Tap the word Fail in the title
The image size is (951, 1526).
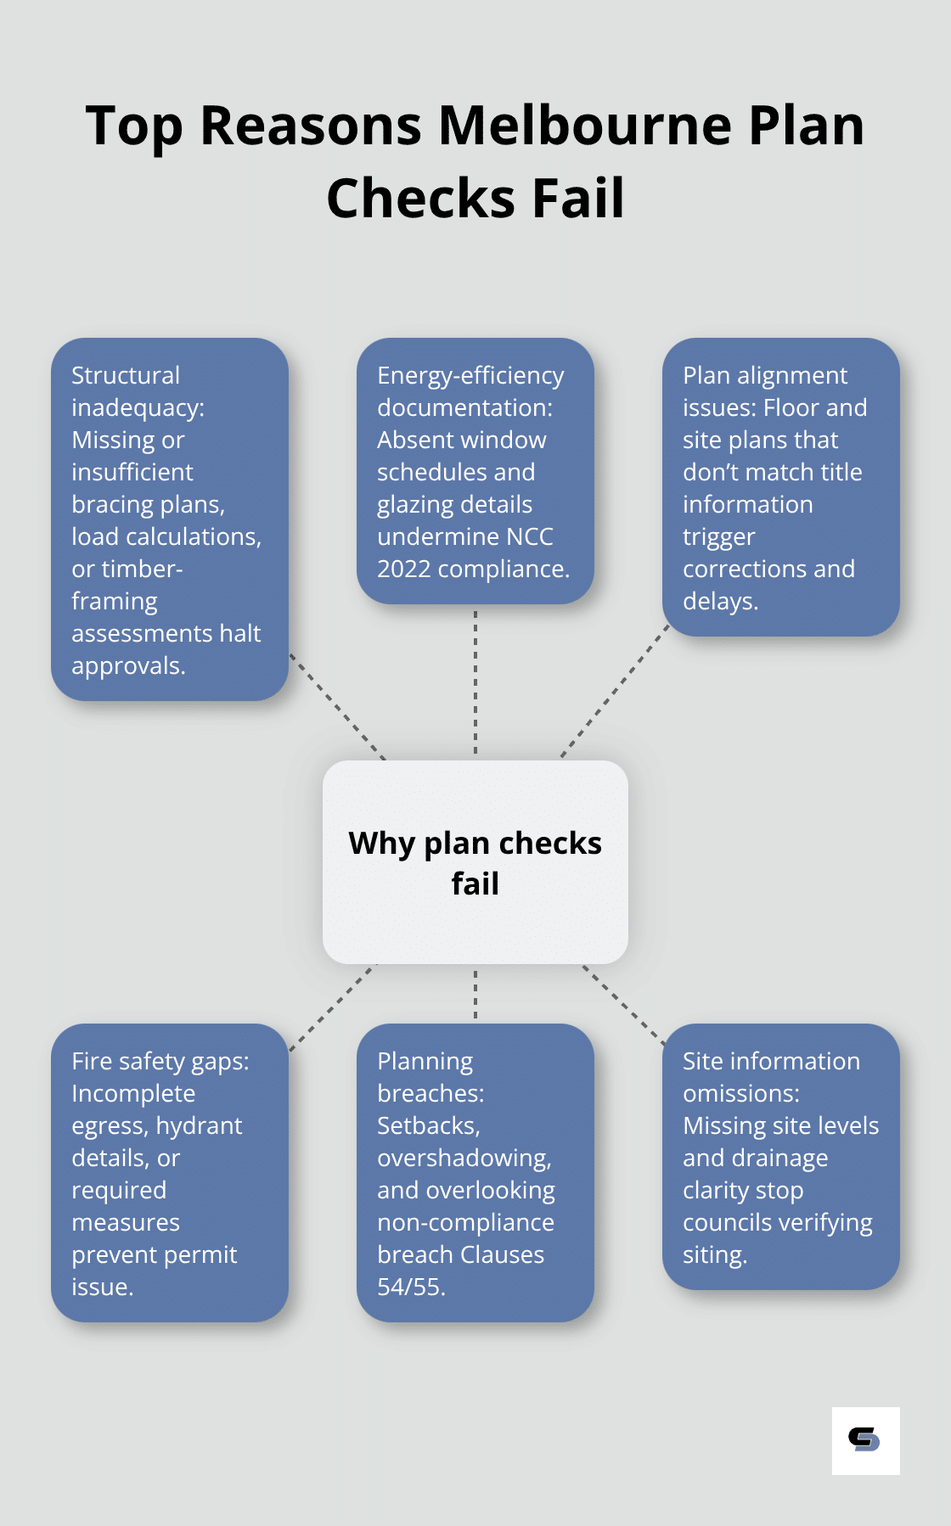click(x=577, y=199)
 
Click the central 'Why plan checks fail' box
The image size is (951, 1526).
click(x=475, y=862)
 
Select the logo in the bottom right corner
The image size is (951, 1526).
click(x=864, y=1440)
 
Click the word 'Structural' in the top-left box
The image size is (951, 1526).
click(x=126, y=375)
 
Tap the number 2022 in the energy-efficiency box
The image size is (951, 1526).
click(x=403, y=569)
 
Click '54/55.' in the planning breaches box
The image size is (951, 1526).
click(x=411, y=1287)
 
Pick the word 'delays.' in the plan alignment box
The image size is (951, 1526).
click(x=720, y=601)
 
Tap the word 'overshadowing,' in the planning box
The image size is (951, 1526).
click(x=464, y=1158)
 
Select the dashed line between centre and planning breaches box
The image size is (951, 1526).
click(x=475, y=994)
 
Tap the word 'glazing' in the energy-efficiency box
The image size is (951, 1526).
click(x=417, y=504)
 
